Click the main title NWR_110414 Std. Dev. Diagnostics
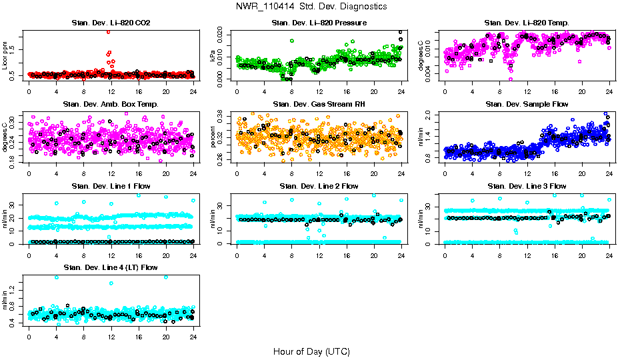(x=311, y=7)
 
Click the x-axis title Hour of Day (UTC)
(x=311, y=351)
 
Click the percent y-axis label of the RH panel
(x=214, y=137)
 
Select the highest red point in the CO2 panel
(x=108, y=31)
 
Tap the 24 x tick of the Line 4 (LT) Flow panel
(x=193, y=337)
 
